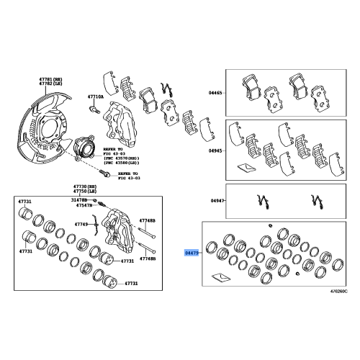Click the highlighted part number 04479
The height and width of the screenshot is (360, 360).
tap(191, 253)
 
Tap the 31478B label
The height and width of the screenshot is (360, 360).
tap(79, 199)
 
